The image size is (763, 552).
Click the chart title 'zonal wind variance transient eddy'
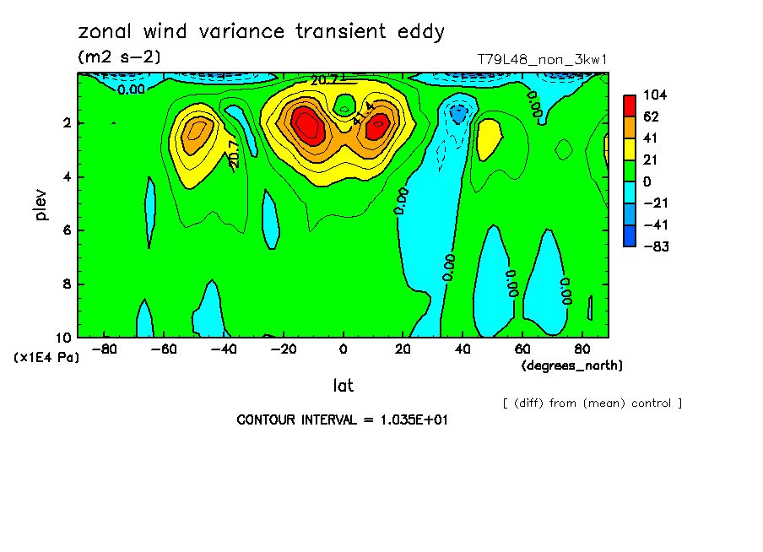point(261,32)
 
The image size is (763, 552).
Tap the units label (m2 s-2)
point(118,57)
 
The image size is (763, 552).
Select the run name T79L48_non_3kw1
point(542,59)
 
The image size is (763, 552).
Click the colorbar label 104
point(655,95)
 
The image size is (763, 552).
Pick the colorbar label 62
point(652,116)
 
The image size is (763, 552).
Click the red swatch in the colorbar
point(630,105)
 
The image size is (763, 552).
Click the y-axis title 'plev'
point(41,204)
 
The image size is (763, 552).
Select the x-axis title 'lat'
point(343,386)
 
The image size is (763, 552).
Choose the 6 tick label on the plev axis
point(67,230)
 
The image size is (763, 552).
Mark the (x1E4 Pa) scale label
point(46,358)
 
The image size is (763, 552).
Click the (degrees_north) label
point(572,365)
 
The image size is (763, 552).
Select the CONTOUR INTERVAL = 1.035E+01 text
point(342,419)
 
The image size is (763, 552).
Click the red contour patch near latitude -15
point(307,127)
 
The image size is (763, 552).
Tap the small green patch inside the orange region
point(344,106)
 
